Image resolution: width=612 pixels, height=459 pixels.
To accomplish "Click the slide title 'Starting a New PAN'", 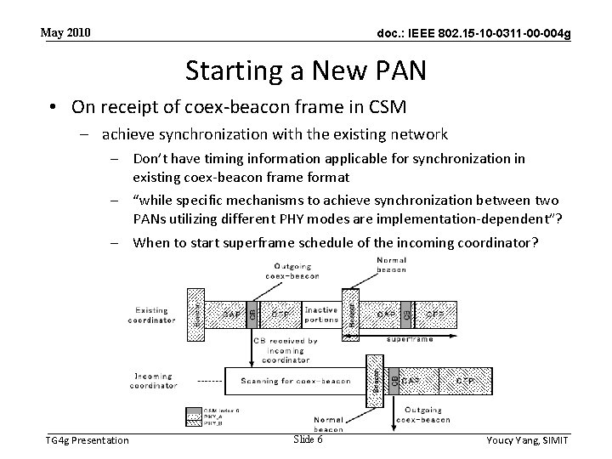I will pyautogui.click(x=305, y=71).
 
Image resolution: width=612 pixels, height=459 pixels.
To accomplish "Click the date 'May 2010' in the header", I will pyautogui.click(x=65, y=33).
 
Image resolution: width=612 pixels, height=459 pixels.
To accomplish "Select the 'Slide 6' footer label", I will pyautogui.click(x=308, y=439).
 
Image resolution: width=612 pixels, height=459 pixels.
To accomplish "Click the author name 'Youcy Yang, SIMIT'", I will pyautogui.click(x=526, y=439).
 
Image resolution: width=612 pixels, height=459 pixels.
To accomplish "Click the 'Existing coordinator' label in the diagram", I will pyautogui.click(x=152, y=315).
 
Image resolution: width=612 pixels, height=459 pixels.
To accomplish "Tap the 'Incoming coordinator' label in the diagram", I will pyautogui.click(x=154, y=380).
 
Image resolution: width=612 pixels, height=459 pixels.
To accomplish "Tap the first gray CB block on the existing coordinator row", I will pyautogui.click(x=252, y=313).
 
